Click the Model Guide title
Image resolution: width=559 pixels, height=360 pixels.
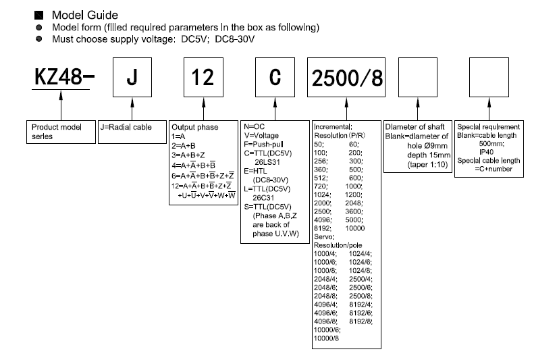tap(84, 15)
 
